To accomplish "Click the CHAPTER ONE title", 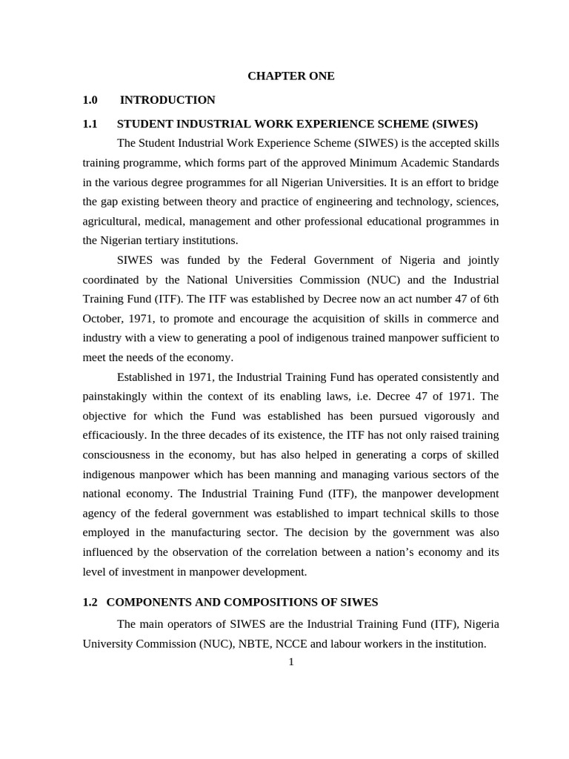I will tap(290, 76).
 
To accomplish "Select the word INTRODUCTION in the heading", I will tap(167, 99).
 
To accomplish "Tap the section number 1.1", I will tap(90, 124).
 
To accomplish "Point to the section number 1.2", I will tap(90, 602).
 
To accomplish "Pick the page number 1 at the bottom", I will tap(291, 661).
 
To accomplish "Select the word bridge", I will tap(482, 182).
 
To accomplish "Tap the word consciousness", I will tap(121, 454).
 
